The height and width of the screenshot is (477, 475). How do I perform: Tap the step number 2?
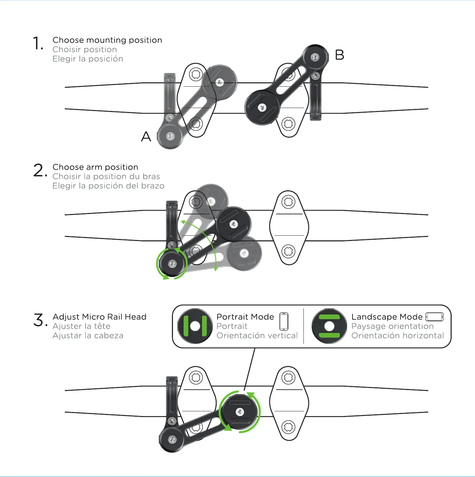(x=39, y=170)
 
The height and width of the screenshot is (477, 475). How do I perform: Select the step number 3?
(x=39, y=320)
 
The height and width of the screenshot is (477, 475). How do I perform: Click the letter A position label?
(x=146, y=137)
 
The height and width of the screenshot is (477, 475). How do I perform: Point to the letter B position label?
(x=339, y=55)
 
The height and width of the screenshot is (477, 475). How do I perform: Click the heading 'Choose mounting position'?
(x=107, y=40)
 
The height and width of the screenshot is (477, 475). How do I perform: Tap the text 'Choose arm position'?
(x=95, y=167)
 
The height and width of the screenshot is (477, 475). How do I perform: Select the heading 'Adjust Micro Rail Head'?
(x=99, y=317)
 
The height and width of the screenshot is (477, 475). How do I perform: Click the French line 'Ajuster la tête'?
(x=81, y=326)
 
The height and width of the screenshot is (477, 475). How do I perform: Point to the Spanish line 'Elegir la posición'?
(x=87, y=59)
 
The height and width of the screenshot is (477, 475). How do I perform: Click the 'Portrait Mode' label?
(x=245, y=317)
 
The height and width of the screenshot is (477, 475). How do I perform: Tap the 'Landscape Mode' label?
(x=387, y=317)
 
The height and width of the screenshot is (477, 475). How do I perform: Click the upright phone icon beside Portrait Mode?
(x=284, y=321)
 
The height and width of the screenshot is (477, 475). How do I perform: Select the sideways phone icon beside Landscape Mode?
(x=435, y=317)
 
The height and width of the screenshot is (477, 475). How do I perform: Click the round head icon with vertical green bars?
(x=195, y=326)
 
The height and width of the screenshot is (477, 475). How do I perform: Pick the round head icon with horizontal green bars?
(x=329, y=326)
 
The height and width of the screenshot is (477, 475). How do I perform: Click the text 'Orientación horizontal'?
(x=397, y=335)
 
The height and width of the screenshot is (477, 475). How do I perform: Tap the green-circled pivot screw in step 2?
(x=172, y=264)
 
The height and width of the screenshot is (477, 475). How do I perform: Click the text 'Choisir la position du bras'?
(x=106, y=176)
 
